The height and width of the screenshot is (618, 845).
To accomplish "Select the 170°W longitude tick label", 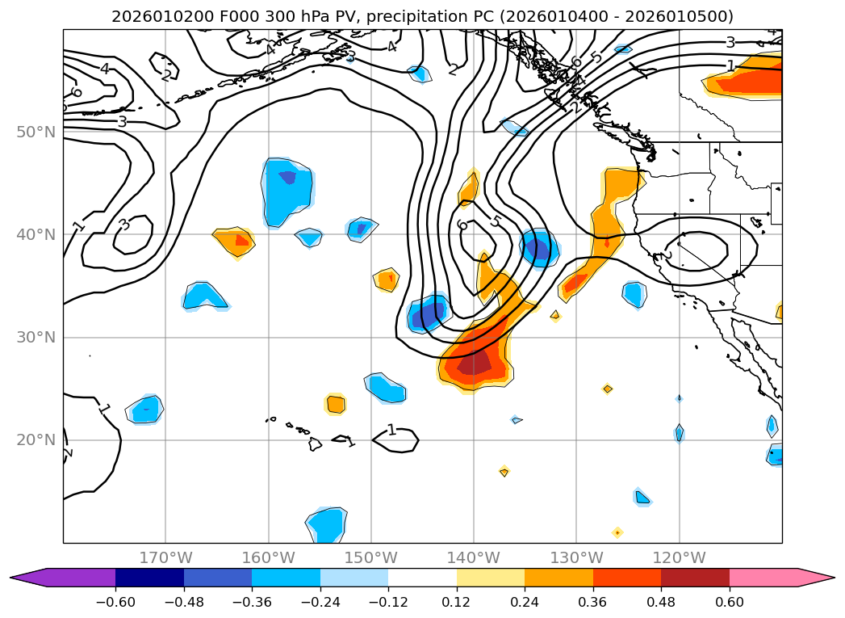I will point(165,557).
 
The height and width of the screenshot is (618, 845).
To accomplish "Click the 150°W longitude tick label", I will point(371,557).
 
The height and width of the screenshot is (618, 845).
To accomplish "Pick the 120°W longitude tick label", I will point(680,557).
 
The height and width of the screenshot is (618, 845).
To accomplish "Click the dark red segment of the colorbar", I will point(695,577).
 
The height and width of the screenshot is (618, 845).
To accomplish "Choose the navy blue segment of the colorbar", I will point(149,577).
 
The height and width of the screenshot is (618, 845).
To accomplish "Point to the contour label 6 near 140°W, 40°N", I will point(462,225).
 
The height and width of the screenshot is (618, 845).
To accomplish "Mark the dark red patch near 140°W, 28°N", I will point(475,363).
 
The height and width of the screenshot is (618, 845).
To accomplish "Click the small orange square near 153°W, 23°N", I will point(336,404).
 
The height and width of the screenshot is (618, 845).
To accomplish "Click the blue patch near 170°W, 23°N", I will point(145,410).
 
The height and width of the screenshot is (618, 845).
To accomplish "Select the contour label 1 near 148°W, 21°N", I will point(391,430).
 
